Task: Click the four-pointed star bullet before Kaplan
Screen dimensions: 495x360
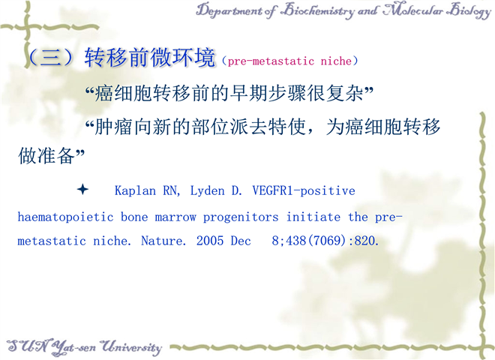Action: [82, 189]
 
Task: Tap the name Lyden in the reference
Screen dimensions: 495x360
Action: [207, 190]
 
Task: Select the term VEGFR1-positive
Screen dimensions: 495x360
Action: [304, 190]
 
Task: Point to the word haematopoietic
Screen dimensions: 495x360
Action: [65, 217]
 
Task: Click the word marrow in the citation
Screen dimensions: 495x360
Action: [175, 217]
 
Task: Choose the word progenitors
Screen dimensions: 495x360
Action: [241, 217]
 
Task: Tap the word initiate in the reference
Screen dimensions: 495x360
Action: [313, 217]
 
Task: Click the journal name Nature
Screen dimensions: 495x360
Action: [163, 241]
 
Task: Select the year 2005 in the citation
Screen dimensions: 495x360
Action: [210, 241]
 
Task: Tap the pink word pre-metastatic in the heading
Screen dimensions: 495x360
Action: [271, 61]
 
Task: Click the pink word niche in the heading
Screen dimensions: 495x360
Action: [336, 60]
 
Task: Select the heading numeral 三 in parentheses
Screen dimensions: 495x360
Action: [51, 58]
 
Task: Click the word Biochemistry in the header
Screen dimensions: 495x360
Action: [317, 10]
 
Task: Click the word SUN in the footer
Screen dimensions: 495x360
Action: [28, 346]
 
